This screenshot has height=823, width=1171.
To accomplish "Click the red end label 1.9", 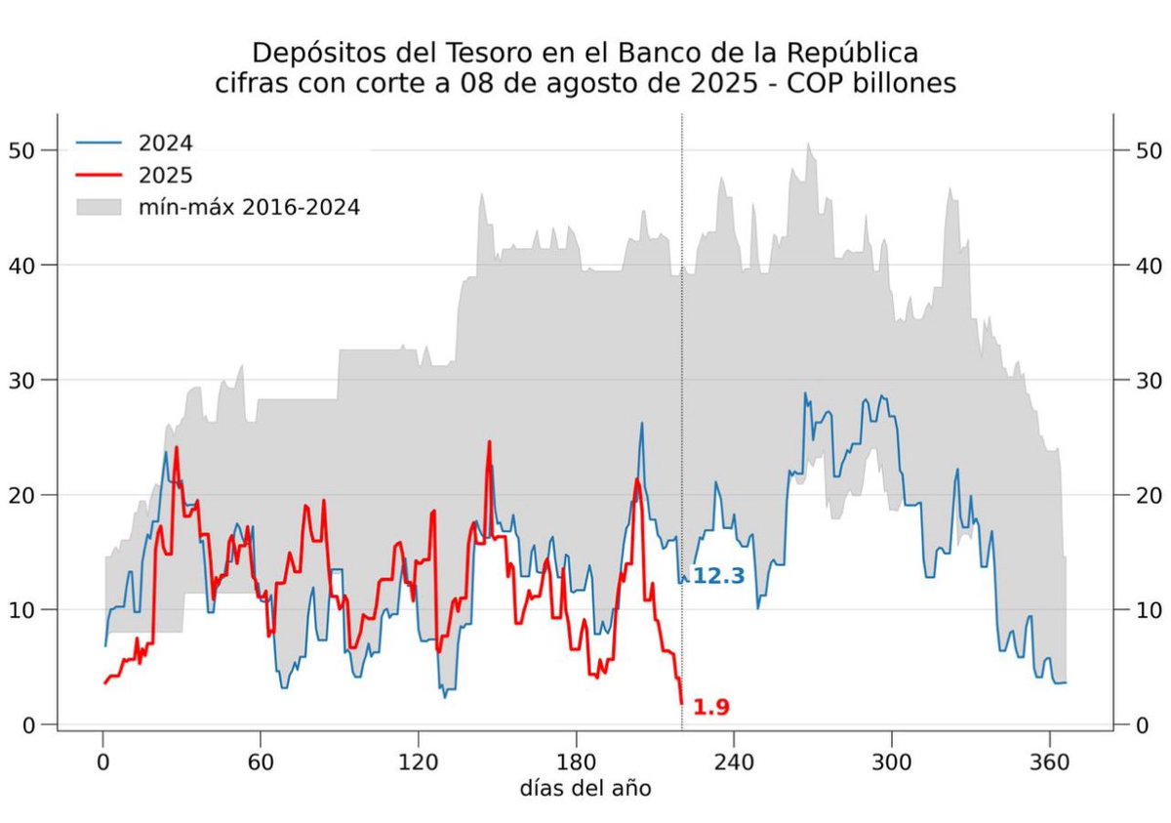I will (x=711, y=707).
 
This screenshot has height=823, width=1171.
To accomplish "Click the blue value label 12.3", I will (x=718, y=577).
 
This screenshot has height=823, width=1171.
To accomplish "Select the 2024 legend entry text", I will (x=167, y=144).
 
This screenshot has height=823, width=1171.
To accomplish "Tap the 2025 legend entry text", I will (x=167, y=175).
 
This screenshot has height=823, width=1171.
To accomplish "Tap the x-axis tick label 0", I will (x=103, y=762).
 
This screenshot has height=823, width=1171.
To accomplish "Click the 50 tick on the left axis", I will (x=21, y=150).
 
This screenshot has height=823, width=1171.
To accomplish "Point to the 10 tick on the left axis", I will (x=21, y=610).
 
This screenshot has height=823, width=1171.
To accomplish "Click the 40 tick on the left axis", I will (x=21, y=266).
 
